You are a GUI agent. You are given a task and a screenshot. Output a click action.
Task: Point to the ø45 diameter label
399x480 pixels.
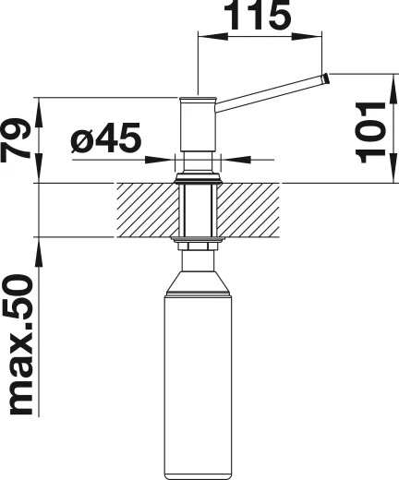pos(105,140)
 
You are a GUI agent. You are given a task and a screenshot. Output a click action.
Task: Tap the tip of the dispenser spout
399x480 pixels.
pos(323,81)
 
